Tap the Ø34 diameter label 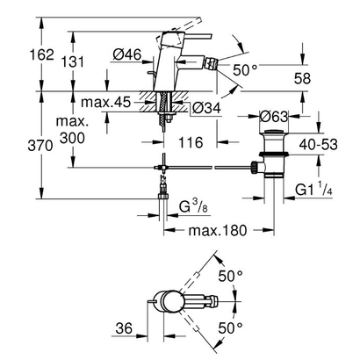[x=204, y=108]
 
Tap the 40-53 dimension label [x=327, y=140]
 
